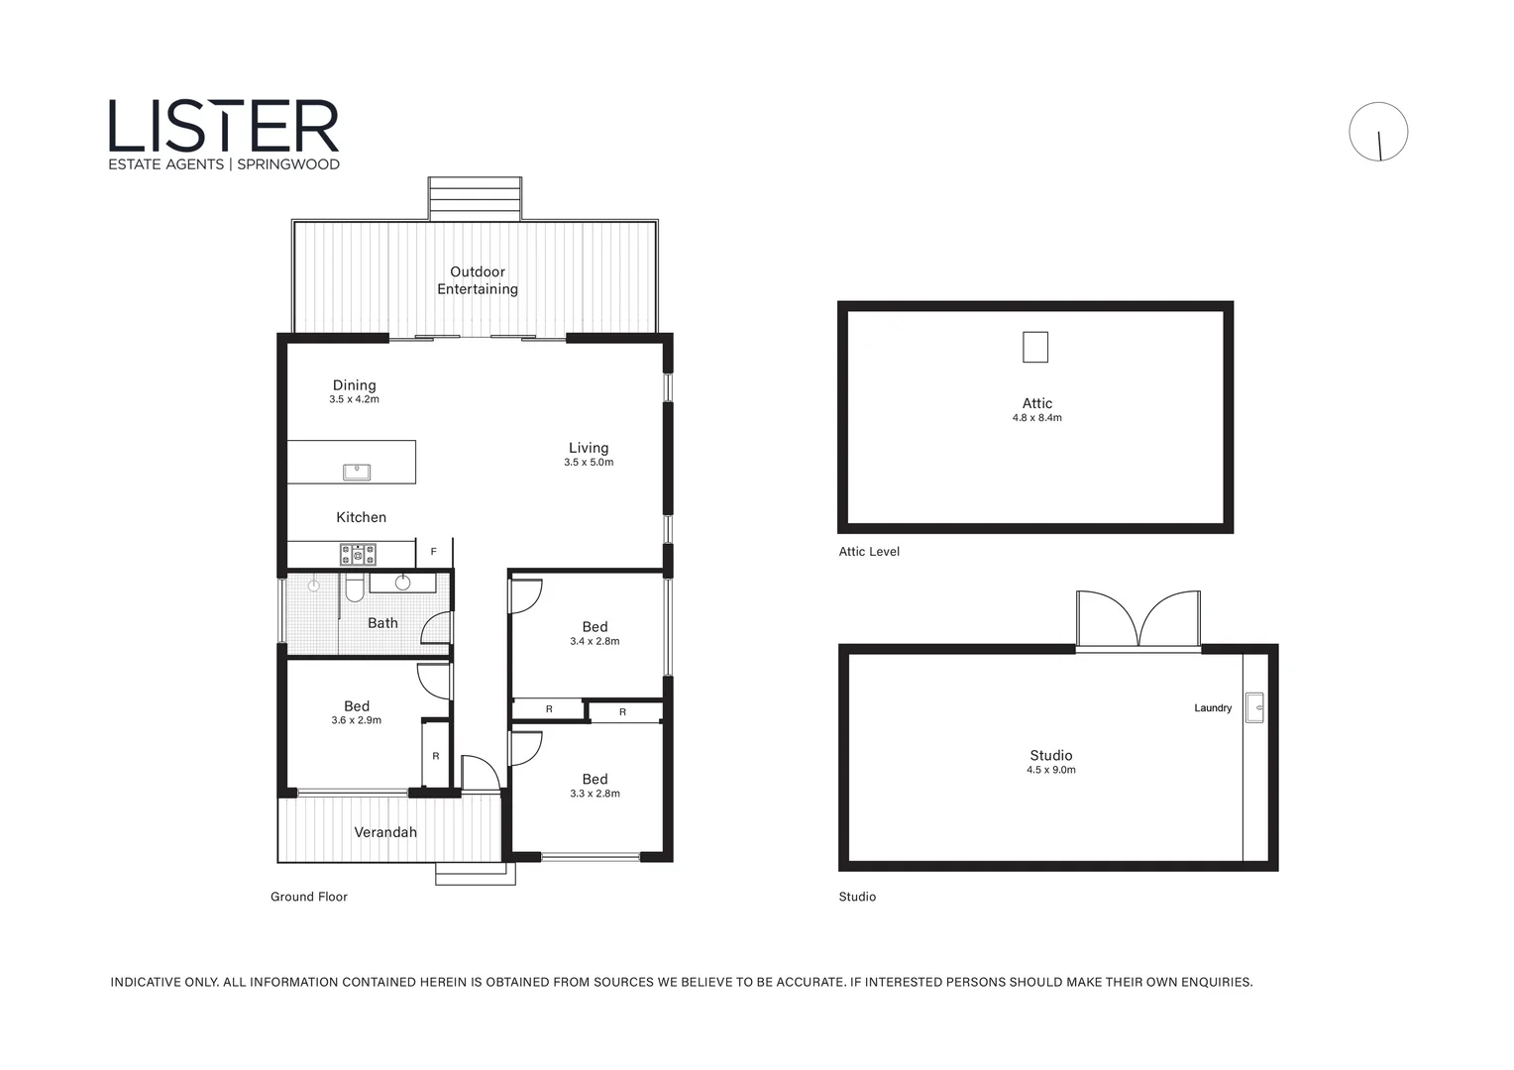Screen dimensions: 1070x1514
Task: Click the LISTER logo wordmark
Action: pyautogui.click(x=224, y=126)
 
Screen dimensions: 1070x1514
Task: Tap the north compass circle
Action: pyautogui.click(x=1378, y=132)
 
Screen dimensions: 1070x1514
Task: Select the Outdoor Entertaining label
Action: pyautogui.click(x=478, y=280)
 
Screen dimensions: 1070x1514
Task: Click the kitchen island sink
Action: pyautogui.click(x=357, y=472)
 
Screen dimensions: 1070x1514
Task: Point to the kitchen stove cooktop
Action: pyautogui.click(x=358, y=555)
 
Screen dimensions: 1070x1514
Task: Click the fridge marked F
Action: pyautogui.click(x=433, y=552)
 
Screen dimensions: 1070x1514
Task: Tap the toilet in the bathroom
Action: pyautogui.click(x=354, y=589)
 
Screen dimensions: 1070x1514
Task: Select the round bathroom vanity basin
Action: pyautogui.click(x=402, y=583)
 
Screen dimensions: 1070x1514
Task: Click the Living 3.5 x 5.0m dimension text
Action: pyautogui.click(x=589, y=463)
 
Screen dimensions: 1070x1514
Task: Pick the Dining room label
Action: pyautogui.click(x=354, y=385)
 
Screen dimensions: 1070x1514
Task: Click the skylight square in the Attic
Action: pyautogui.click(x=1035, y=347)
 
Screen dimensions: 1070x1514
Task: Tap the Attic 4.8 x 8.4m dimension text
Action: pyautogui.click(x=1036, y=418)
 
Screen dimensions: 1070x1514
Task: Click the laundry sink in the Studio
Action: pyautogui.click(x=1255, y=707)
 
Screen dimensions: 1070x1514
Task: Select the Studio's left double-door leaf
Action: pyautogui.click(x=1109, y=620)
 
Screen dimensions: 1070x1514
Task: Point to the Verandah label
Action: pyautogui.click(x=385, y=832)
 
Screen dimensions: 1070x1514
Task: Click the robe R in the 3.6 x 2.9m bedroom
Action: pyautogui.click(x=436, y=756)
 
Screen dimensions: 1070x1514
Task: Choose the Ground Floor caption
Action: pyautogui.click(x=309, y=897)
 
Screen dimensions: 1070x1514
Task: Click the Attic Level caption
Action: pyautogui.click(x=869, y=552)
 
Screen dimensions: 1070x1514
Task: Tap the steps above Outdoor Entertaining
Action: pyautogui.click(x=475, y=198)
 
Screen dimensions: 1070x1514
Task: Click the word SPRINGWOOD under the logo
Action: pyautogui.click(x=288, y=164)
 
